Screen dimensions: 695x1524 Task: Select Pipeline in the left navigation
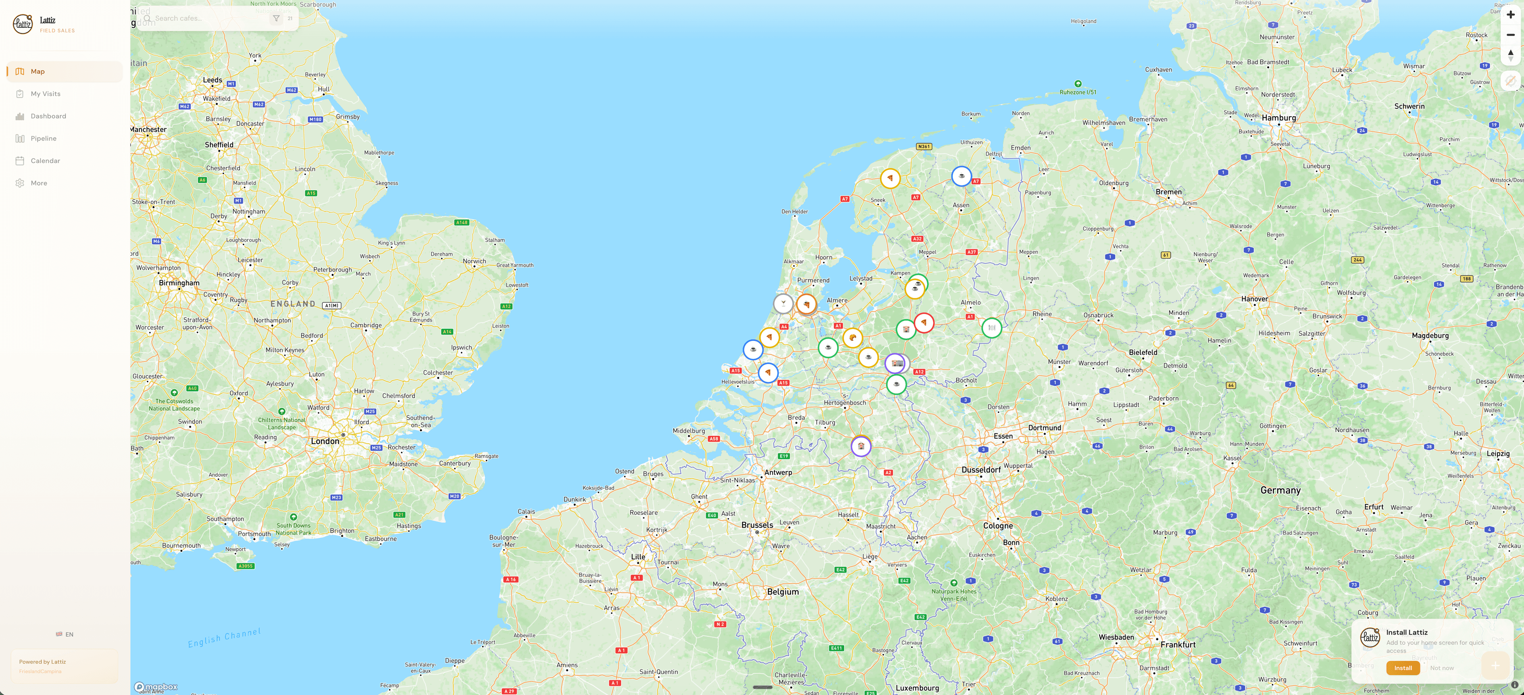pyautogui.click(x=43, y=139)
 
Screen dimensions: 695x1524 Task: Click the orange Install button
pyautogui.click(x=1402, y=668)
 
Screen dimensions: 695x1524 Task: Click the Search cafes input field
pyautogui.click(x=207, y=18)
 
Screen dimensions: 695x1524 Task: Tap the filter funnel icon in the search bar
pyautogui.click(x=276, y=18)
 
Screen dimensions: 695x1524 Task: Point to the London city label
pyautogui.click(x=325, y=441)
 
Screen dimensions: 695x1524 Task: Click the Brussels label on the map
pyautogui.click(x=757, y=525)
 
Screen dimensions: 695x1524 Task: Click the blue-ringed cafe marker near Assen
pyautogui.click(x=961, y=176)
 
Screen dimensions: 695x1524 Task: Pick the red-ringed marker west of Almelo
pyautogui.click(x=924, y=323)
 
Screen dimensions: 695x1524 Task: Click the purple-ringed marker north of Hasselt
pyautogui.click(x=861, y=446)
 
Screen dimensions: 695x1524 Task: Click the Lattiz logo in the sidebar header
pyautogui.click(x=23, y=24)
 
